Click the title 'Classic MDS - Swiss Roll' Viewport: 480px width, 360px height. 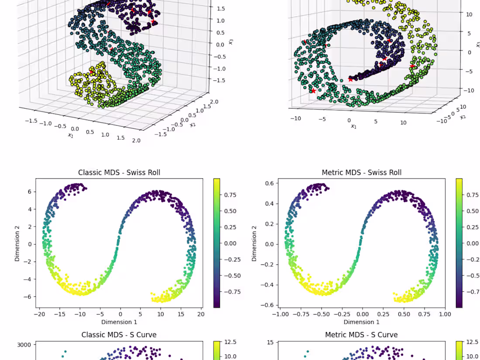coord(119,172)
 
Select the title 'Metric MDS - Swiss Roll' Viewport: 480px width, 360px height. coord(361,172)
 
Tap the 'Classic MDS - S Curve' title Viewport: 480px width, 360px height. coord(119,335)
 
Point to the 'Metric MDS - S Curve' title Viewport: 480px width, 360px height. coord(361,335)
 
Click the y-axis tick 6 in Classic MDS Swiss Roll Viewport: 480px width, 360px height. coord(30,192)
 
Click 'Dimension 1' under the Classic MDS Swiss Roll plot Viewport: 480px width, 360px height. coord(119,322)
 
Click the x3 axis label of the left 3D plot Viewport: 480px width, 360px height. coord(230,42)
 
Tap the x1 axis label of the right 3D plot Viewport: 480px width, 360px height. coord(353,127)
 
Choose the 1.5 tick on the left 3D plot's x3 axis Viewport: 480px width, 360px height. coord(220,8)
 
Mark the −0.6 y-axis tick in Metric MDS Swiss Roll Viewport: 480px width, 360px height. coord(269,305)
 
